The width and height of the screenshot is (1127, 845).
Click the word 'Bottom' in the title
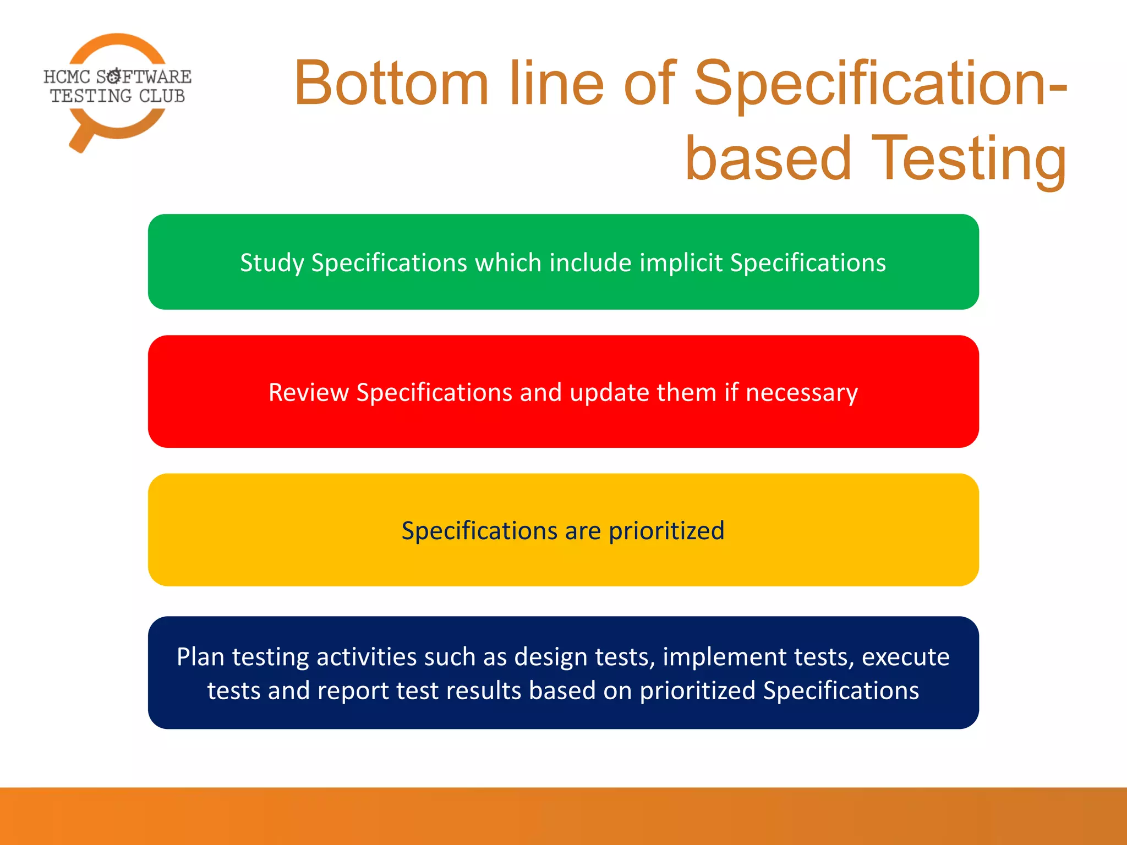(391, 84)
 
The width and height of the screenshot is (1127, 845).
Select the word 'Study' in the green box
(272, 263)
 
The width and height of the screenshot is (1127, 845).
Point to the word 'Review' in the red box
(308, 393)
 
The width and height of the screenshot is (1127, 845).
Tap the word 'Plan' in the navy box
(200, 657)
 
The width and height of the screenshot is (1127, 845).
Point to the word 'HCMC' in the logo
(67, 77)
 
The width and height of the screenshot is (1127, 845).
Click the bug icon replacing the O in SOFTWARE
(114, 76)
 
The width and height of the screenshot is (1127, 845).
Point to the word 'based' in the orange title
(768, 160)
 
